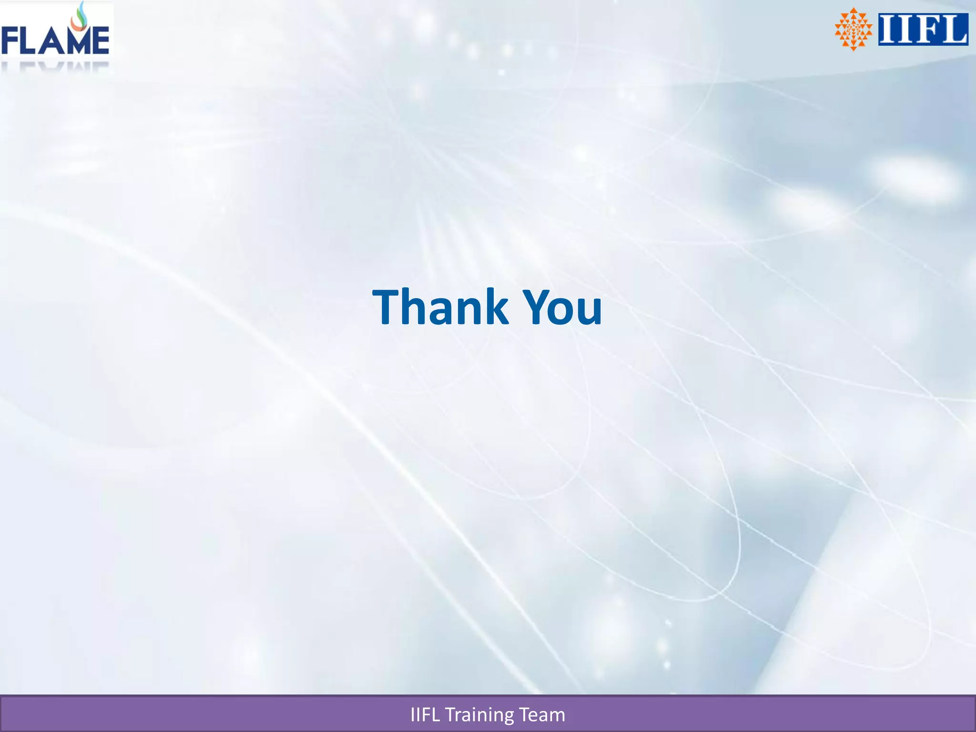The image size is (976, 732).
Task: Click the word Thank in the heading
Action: (x=440, y=307)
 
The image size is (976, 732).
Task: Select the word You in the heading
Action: (x=562, y=307)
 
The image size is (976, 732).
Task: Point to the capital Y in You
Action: (x=538, y=307)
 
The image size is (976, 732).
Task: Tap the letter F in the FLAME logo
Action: (x=10, y=41)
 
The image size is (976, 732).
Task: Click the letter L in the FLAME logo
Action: (x=30, y=41)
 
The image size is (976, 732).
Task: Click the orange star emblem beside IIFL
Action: (x=853, y=29)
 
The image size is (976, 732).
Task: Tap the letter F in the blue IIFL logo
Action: (x=923, y=29)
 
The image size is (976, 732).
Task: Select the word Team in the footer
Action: (x=542, y=715)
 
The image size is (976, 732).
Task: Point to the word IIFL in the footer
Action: (x=425, y=715)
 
